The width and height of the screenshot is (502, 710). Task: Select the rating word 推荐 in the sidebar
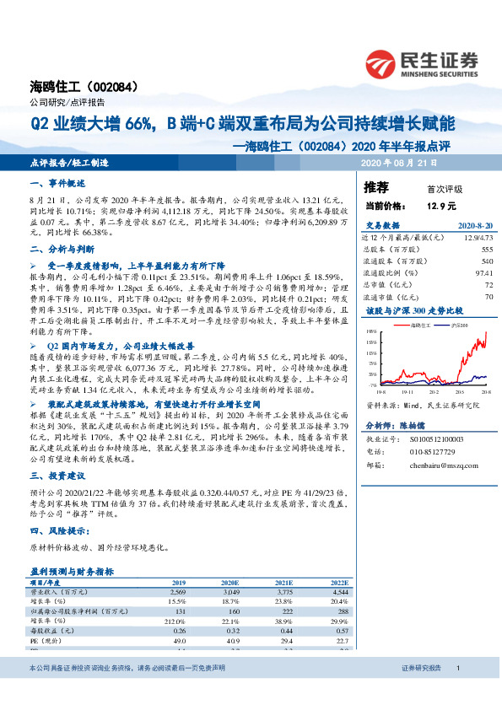pyautogui.click(x=376, y=187)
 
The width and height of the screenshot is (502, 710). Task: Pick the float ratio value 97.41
pyautogui.click(x=483, y=273)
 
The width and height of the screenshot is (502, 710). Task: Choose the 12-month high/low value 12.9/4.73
pyautogui.click(x=475, y=239)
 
